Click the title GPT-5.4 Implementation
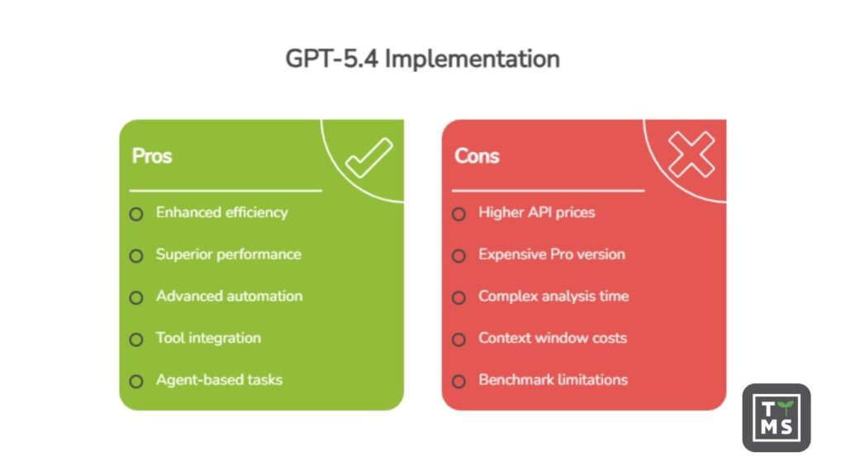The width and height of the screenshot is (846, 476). [x=422, y=59]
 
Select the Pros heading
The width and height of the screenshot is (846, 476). [x=152, y=156]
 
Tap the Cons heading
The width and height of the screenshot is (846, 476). [x=477, y=156]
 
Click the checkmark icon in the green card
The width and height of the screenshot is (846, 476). [x=368, y=158]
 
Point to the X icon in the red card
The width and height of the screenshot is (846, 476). [x=691, y=155]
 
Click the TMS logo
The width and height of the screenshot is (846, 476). [x=776, y=418]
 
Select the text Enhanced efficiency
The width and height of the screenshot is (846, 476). [x=221, y=212]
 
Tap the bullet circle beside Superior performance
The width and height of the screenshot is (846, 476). [x=136, y=256]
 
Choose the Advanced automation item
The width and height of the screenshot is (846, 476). [x=229, y=296]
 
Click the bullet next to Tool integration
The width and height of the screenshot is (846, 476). [x=136, y=340]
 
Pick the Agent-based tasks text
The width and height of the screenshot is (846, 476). [x=219, y=380]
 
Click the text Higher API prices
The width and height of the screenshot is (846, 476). [x=536, y=212]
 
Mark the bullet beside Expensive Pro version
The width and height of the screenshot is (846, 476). [x=459, y=256]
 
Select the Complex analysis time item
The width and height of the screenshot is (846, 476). [x=554, y=296]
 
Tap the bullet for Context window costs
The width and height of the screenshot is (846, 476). [x=459, y=340]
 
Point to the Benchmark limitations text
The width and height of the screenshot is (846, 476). [x=553, y=380]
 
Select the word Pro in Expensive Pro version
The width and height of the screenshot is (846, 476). [x=562, y=255]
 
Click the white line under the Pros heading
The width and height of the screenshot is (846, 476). [x=226, y=191]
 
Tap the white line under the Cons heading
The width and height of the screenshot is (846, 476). [x=548, y=191]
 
